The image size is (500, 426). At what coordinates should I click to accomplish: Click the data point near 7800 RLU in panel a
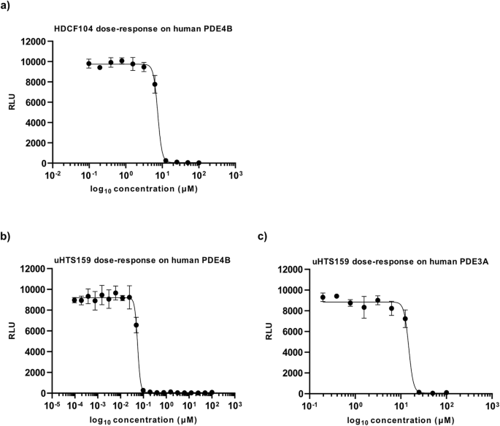point(155,84)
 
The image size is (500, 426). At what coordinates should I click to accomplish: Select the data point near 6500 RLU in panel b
point(136,325)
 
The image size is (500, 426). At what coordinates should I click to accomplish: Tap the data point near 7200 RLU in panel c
point(405,319)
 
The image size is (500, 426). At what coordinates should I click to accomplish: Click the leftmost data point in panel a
point(89,64)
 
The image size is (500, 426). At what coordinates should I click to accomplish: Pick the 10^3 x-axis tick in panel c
point(491,405)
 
